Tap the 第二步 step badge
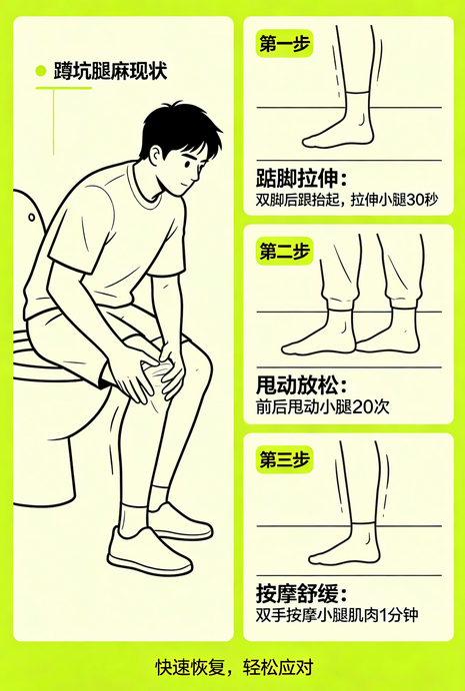coord(283,251)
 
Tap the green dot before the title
coord(40,71)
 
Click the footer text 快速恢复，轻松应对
coord(233,666)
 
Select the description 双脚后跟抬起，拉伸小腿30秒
coord(347,201)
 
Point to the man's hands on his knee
coord(150,374)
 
